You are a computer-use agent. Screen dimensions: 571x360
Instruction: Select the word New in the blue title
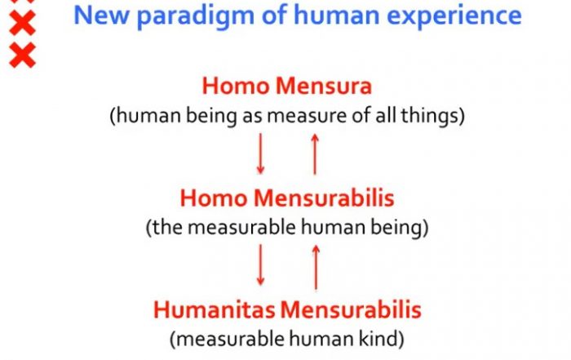point(101,15)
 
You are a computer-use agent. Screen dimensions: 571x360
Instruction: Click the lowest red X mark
point(23,55)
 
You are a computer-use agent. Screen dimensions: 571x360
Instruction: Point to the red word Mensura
point(324,87)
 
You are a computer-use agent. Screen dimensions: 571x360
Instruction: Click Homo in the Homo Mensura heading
point(236,87)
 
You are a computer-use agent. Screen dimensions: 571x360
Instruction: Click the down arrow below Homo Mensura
point(260,153)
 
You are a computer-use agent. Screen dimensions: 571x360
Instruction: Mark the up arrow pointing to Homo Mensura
point(315,154)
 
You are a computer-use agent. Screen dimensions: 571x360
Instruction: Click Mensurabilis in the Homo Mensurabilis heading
point(324,198)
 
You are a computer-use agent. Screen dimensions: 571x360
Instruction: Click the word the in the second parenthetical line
point(167,228)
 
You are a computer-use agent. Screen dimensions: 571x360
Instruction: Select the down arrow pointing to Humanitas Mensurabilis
point(260,265)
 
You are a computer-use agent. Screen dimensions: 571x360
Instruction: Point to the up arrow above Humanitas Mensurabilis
point(316,268)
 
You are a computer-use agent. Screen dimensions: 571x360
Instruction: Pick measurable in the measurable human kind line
point(231,339)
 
